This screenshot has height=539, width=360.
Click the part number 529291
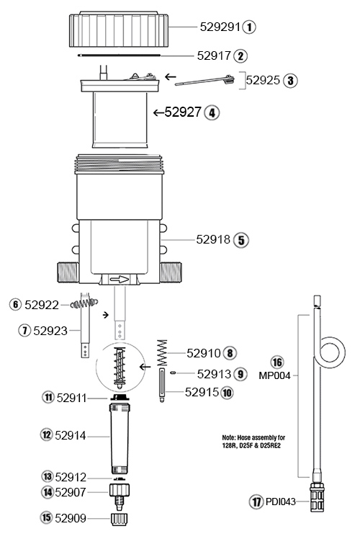click(x=219, y=27)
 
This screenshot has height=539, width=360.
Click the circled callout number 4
click(x=212, y=112)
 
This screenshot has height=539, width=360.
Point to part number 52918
click(x=212, y=239)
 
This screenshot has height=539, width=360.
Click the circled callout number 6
click(x=15, y=305)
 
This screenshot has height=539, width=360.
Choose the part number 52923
click(x=49, y=331)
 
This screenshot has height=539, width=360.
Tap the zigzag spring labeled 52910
click(x=161, y=352)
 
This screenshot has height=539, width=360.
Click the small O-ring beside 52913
click(x=174, y=373)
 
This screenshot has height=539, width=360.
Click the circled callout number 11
click(x=48, y=397)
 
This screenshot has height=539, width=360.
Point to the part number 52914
click(x=70, y=436)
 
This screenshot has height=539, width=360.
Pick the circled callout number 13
click(x=47, y=476)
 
